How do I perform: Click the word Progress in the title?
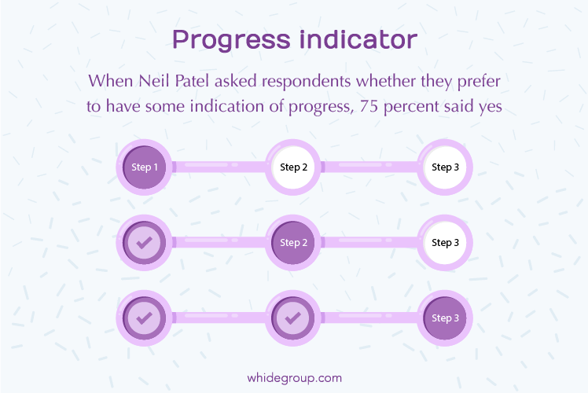[231, 40]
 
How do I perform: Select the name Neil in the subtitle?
[154, 81]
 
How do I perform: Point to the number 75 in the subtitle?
[369, 106]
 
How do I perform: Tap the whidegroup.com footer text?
[294, 378]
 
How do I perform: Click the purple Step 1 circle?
[144, 167]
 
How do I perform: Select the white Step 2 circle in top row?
[293, 167]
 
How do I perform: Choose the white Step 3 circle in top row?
[445, 167]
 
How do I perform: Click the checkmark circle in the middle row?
[144, 243]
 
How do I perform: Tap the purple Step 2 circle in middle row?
[293, 243]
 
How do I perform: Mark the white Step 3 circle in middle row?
[445, 243]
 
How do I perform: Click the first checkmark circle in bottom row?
[144, 318]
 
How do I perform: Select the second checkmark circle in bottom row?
[293, 318]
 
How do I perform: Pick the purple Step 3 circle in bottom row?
[445, 318]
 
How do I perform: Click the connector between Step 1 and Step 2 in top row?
[219, 167]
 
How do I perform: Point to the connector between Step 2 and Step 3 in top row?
[369, 167]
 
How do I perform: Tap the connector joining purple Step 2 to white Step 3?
[369, 242]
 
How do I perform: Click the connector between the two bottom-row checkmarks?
[219, 318]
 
